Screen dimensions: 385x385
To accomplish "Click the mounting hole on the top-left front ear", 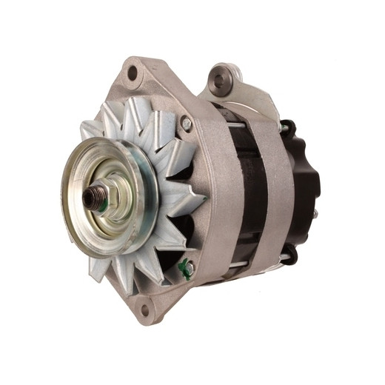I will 133,73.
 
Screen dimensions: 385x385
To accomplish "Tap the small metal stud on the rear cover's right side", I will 315,214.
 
